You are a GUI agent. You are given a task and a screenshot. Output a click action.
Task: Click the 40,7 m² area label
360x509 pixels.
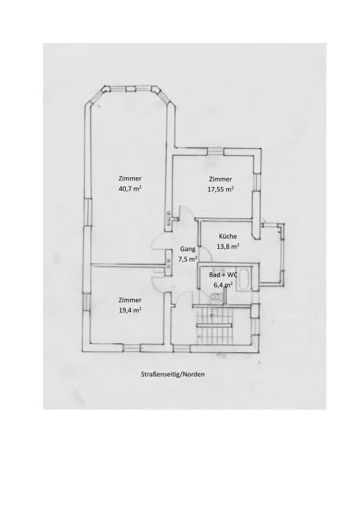pos(131,189)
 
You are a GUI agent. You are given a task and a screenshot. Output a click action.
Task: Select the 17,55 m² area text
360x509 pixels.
pos(221,189)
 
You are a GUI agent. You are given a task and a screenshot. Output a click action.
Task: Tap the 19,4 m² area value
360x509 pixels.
pos(130,310)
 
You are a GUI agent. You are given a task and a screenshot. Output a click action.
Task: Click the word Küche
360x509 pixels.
pos(228,236)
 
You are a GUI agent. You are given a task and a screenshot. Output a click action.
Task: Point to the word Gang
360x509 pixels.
pos(188,249)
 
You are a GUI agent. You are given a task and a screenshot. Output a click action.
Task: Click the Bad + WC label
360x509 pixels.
pos(223,275)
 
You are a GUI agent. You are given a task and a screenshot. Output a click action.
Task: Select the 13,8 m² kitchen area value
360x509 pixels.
pos(228,246)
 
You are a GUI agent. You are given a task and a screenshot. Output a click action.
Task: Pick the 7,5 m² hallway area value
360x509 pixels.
pos(188,259)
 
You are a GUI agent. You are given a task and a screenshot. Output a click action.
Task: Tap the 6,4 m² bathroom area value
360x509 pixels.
pos(223,284)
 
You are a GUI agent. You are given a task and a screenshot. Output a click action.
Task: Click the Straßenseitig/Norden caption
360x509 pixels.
pos(173,374)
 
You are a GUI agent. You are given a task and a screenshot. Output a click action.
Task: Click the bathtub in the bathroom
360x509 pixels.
pos(244,279)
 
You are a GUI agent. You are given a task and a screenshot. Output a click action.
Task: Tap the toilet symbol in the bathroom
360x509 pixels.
pos(216,297)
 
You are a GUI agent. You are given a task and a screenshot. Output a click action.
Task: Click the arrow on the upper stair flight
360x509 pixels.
pos(212,315)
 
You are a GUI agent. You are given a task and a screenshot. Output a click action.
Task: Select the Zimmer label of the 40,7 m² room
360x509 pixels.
pos(130,179)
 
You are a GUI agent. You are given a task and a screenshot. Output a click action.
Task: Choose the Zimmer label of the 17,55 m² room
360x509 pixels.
pos(221,179)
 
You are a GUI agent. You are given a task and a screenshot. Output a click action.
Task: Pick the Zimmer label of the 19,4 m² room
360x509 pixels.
pos(130,300)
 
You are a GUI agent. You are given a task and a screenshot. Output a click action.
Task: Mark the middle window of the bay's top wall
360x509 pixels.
pos(131,89)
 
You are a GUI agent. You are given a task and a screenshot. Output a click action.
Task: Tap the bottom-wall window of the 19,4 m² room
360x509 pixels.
pos(132,349)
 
